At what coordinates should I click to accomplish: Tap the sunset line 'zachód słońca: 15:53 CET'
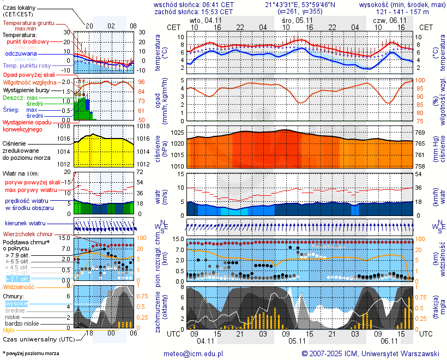pos(194,11)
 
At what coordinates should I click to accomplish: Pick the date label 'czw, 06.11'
pos(389,20)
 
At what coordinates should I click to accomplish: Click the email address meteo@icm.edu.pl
pos(194,353)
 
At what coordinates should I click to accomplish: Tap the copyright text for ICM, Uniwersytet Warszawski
pos(371,353)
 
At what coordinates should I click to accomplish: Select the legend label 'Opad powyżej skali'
pos(29,75)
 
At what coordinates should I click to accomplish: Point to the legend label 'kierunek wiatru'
pos(26,224)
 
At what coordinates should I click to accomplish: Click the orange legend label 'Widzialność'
pos(19,286)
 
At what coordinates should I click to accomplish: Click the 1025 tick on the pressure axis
pos(177,133)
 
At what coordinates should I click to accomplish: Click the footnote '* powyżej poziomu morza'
pos(31,353)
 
